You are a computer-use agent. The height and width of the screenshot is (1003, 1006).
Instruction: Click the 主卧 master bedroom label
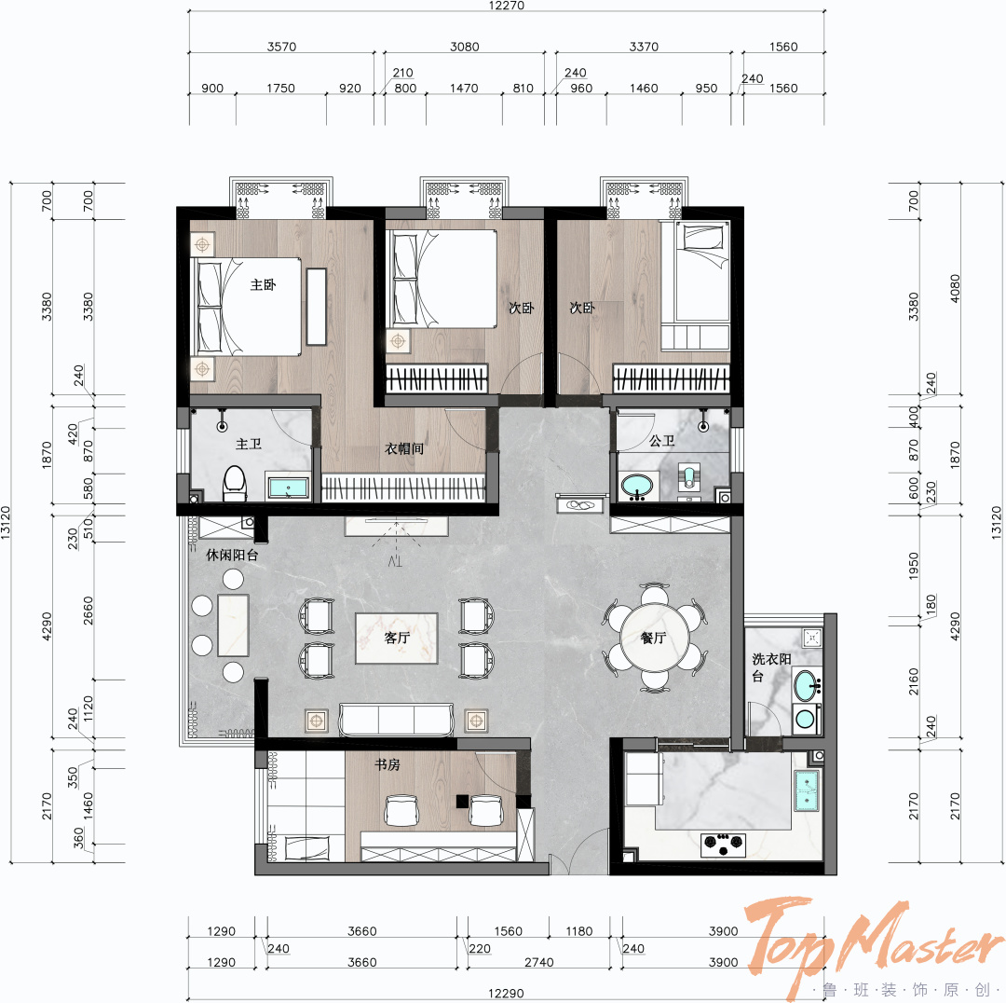(x=263, y=284)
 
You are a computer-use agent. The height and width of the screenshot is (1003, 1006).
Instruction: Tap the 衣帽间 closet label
(x=404, y=448)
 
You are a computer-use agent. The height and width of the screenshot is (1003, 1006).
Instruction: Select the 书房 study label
(x=387, y=764)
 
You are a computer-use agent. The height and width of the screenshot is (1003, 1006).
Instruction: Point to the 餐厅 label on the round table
(x=653, y=638)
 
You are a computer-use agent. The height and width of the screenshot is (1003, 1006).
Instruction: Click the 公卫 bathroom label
(x=661, y=441)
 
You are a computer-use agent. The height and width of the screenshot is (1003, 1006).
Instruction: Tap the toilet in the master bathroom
(x=235, y=484)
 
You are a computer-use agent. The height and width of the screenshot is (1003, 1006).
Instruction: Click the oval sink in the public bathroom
(x=636, y=486)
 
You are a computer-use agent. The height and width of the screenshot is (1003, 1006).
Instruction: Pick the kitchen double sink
(x=807, y=790)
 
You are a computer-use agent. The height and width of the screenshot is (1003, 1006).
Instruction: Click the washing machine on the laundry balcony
(x=806, y=720)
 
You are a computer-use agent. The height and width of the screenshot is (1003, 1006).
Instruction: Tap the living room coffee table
(x=397, y=638)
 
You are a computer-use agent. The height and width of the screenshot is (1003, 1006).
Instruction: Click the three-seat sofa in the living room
(x=397, y=720)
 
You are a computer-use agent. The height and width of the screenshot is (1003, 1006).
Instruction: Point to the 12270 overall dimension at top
(x=506, y=6)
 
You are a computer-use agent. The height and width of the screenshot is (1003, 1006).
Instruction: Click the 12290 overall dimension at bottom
(x=506, y=994)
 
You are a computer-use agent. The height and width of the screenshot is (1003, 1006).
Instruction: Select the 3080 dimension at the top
(x=465, y=47)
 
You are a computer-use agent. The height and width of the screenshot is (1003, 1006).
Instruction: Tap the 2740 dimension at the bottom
(x=539, y=962)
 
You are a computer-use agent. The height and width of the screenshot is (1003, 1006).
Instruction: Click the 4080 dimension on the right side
(x=956, y=288)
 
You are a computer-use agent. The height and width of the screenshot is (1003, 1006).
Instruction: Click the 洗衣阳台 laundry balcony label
(x=771, y=666)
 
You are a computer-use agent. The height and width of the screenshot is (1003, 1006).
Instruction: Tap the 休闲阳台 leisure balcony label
(x=232, y=555)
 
